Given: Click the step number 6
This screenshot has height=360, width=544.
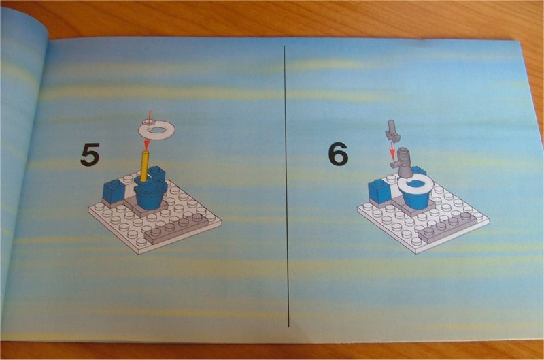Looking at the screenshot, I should click(338, 155).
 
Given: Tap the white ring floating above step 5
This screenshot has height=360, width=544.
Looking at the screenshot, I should click(154, 129).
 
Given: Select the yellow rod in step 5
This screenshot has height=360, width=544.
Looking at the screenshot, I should click(144, 167).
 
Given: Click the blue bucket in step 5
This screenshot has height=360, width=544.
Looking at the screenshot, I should click(150, 197).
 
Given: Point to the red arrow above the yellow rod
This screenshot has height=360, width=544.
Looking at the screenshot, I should click(146, 143).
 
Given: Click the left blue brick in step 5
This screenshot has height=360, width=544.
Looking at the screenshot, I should click(112, 193).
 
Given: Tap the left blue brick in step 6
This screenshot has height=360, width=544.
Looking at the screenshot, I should click(378, 191).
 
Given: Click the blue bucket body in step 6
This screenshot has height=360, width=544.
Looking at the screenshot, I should click(415, 199).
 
